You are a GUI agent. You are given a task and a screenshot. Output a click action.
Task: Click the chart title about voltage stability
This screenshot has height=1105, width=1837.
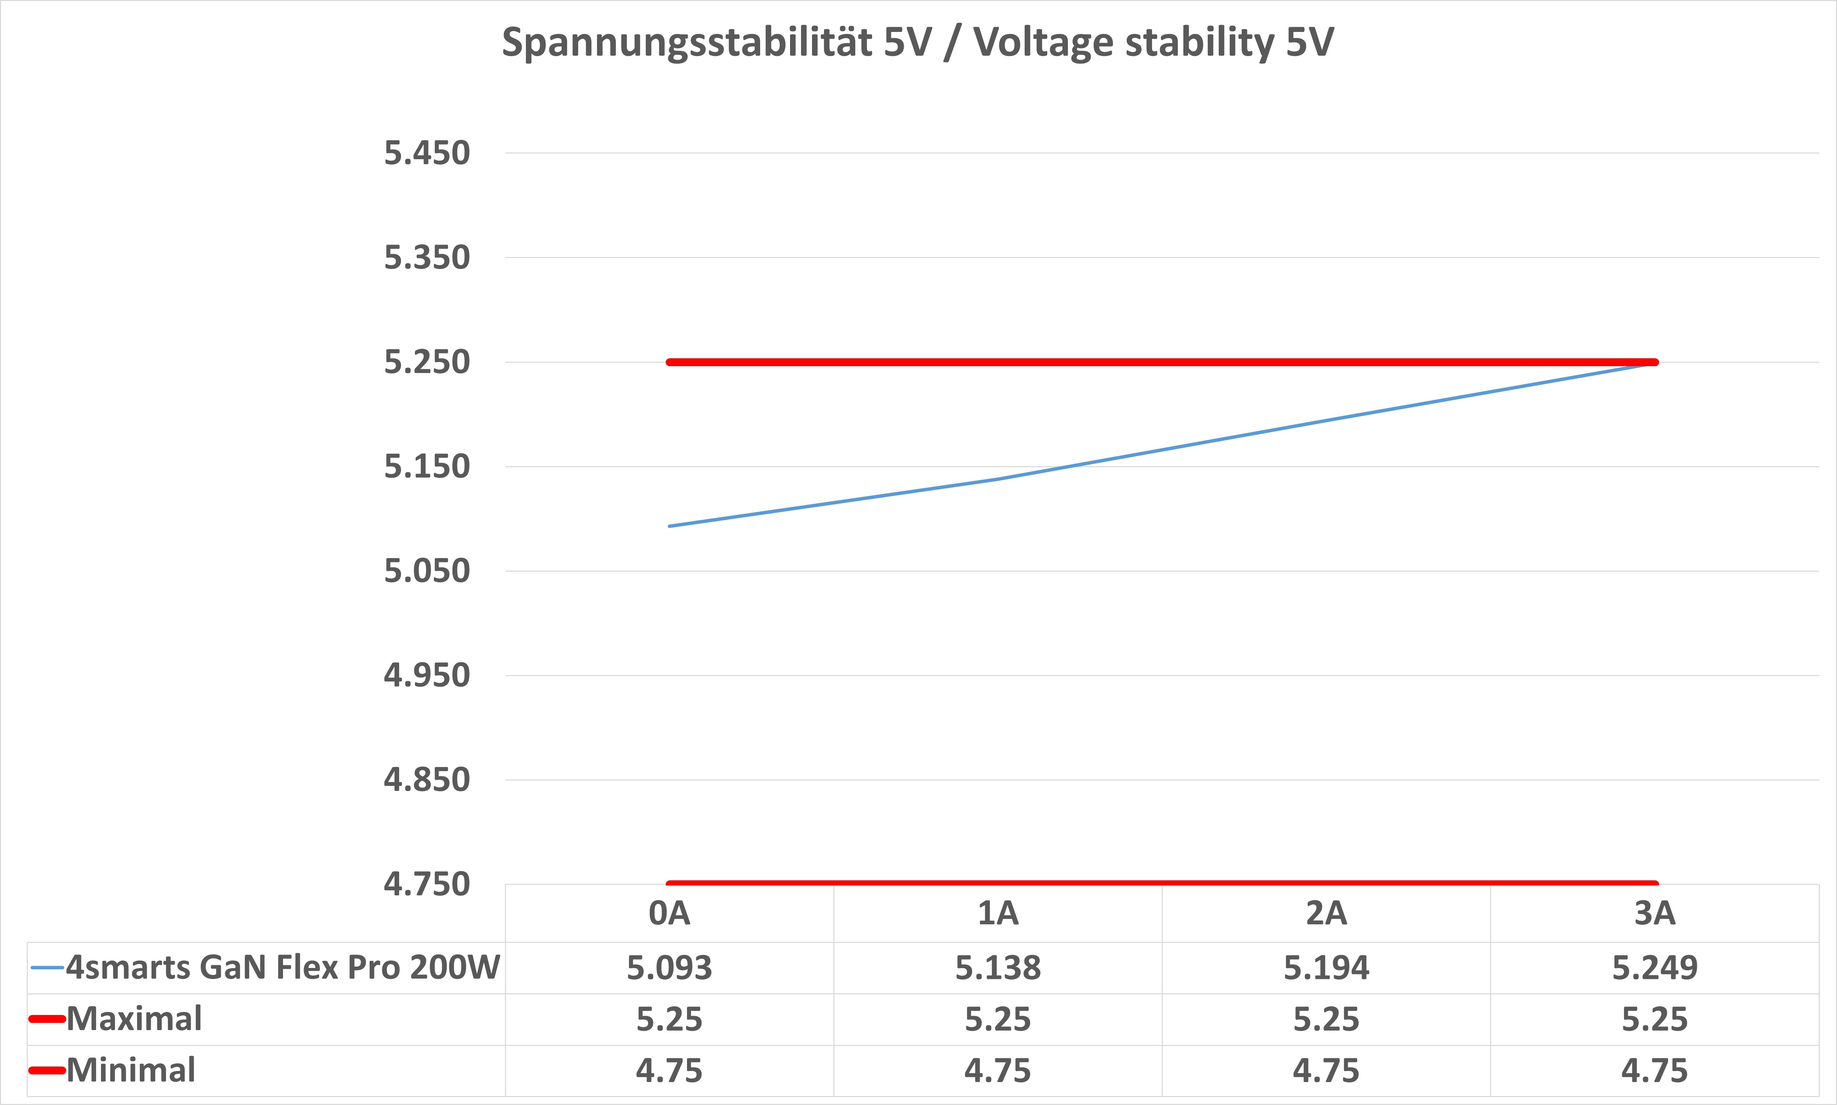point(917,43)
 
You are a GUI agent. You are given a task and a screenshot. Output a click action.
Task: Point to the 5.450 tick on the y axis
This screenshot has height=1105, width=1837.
point(427,154)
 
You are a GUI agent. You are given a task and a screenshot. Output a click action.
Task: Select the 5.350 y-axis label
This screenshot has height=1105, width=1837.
point(427,258)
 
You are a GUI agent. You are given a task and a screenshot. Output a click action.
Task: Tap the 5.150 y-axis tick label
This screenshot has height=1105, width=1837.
point(427,467)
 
